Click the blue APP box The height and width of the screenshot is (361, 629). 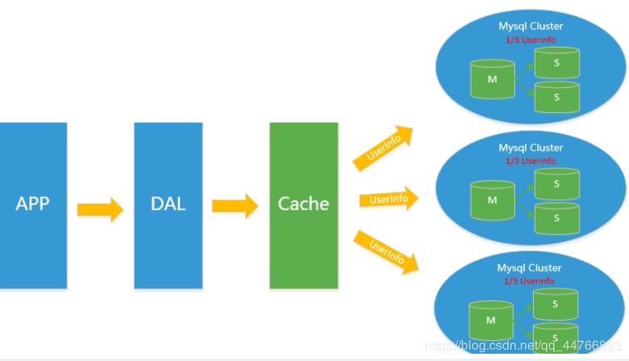[x=33, y=205]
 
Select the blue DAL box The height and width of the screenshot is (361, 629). [x=168, y=205]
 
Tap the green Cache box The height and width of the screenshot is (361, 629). [x=304, y=205]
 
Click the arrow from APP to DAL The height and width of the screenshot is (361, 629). [x=100, y=209]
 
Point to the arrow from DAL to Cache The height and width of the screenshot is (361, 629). [x=235, y=206]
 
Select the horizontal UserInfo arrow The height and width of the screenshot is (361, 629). [x=388, y=199]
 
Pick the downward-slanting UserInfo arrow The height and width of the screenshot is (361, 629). [x=386, y=252]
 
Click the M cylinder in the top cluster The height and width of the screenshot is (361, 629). [x=493, y=79]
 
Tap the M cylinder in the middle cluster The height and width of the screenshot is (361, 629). [x=493, y=200]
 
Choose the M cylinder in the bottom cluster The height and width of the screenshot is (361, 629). [x=491, y=320]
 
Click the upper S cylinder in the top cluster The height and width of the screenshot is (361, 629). [x=557, y=62]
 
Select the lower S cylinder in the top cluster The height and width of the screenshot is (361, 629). [x=557, y=97]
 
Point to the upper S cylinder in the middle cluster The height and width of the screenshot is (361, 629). [x=557, y=183]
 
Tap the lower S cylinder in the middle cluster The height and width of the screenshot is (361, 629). [x=557, y=218]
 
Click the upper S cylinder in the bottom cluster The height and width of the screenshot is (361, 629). [x=556, y=304]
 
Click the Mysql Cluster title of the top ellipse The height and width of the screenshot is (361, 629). [x=530, y=27]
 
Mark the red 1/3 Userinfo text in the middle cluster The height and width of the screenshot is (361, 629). [x=530, y=161]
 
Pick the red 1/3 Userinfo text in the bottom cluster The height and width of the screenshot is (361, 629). [x=529, y=281]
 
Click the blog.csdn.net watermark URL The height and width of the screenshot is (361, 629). [x=523, y=346]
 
